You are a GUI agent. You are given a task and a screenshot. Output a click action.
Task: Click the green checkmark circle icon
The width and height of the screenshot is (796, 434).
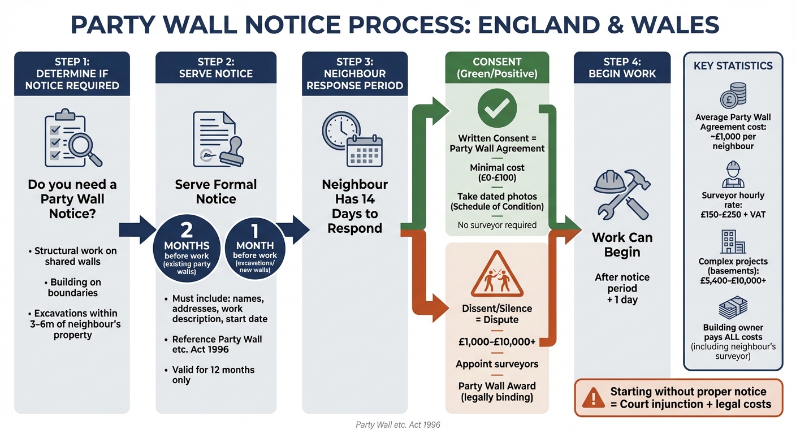pos(497,108)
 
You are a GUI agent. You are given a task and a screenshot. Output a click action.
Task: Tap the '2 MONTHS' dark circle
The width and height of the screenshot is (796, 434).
pos(187,248)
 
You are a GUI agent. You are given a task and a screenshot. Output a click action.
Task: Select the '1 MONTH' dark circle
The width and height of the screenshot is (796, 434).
pos(255,248)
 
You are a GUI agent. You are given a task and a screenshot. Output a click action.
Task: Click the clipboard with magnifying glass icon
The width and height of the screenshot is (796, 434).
pos(73,138)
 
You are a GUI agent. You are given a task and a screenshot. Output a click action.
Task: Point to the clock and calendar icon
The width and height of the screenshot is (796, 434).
pos(352,139)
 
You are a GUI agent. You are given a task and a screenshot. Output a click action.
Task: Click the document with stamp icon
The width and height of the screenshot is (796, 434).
pos(218,139)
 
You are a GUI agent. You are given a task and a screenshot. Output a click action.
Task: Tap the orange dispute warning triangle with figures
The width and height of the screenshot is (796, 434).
pos(497,274)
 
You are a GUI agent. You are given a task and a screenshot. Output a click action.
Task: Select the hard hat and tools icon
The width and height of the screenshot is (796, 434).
pos(622,194)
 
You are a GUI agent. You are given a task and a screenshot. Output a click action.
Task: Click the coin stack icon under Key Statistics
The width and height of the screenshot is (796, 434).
pos(733,95)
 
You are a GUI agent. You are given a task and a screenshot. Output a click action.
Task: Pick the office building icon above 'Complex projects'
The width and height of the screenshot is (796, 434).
pos(733,241)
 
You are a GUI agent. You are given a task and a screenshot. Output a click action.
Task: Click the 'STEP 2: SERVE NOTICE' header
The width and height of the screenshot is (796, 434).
pos(216,67)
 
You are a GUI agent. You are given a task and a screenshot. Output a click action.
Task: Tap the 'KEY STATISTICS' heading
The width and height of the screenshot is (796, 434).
pos(733,66)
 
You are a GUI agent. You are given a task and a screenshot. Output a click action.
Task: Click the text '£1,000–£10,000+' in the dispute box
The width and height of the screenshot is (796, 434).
pos(497,342)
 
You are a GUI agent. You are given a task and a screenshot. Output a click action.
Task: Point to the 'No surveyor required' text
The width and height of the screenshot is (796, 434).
pos(497,225)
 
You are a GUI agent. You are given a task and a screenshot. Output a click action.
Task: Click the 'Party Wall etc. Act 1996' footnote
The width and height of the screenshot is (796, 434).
pos(397,425)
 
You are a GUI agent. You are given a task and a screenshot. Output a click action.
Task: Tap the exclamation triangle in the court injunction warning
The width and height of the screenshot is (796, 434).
pos(593,398)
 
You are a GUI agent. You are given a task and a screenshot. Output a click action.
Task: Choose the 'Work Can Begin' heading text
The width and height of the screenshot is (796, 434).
pos(622,245)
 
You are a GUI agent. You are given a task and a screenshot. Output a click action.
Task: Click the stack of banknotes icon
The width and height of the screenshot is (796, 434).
pos(733,307)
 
